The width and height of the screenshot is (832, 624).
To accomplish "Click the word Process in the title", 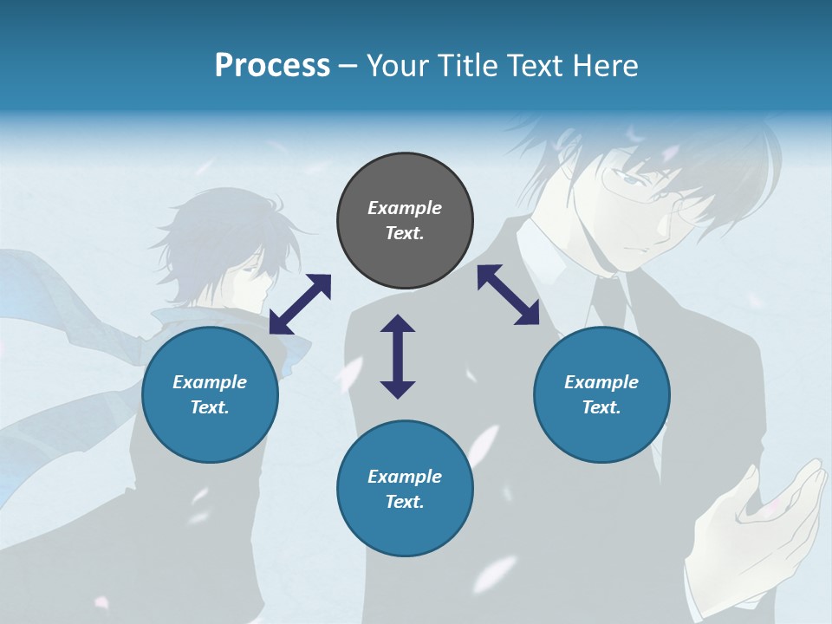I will [x=272, y=66].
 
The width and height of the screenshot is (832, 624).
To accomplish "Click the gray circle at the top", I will [x=405, y=221].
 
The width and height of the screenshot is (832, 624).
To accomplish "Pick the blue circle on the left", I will [x=210, y=394].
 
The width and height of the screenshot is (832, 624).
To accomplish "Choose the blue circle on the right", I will [x=601, y=394].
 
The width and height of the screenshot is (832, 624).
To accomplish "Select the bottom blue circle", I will [x=405, y=489].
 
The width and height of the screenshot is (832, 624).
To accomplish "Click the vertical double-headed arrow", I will [x=398, y=356].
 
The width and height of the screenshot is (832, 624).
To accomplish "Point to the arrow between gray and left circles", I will [x=300, y=304].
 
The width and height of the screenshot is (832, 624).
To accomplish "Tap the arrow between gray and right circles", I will [x=508, y=295].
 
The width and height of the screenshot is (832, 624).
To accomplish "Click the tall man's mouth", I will [x=637, y=247].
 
